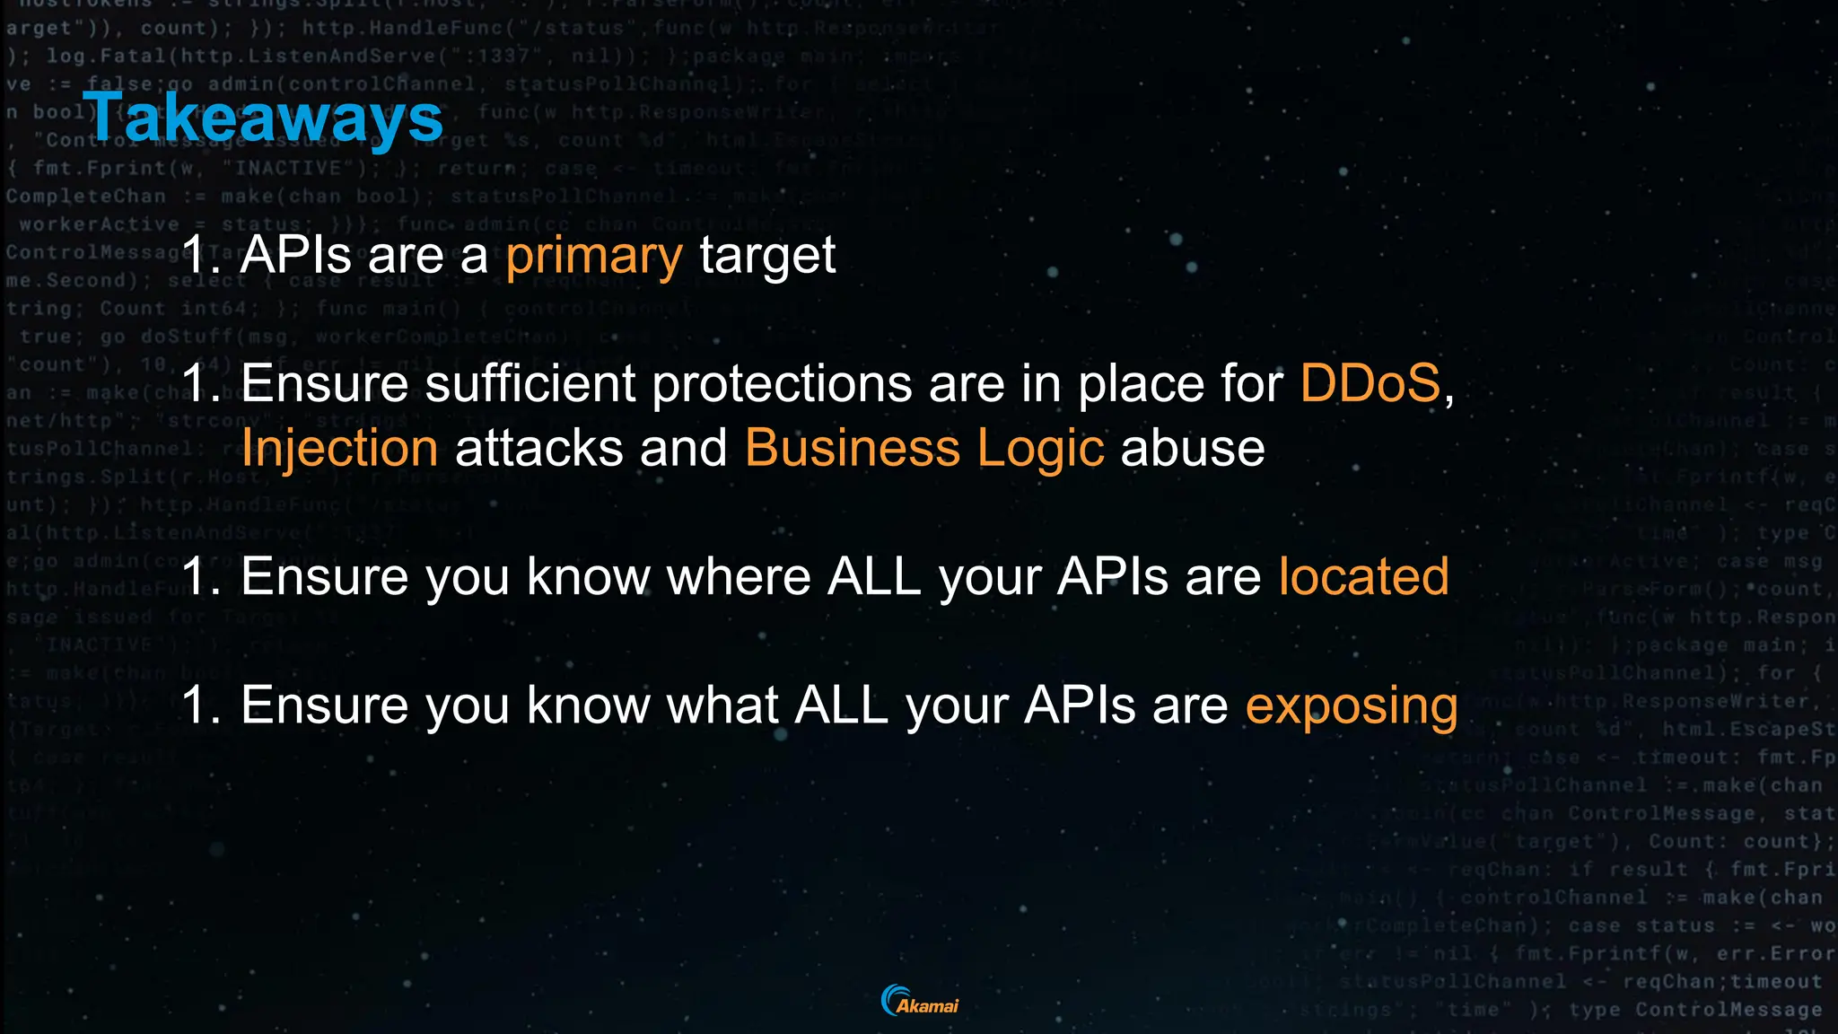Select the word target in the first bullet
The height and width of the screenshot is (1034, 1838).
click(x=767, y=256)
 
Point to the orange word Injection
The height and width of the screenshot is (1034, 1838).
click(x=340, y=449)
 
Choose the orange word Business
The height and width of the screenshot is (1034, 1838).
click(x=852, y=448)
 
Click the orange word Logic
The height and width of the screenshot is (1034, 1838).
click(x=1040, y=449)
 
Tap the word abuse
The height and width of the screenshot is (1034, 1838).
click(x=1193, y=448)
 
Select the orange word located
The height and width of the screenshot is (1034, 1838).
click(x=1363, y=576)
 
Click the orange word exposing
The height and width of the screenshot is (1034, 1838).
click(x=1352, y=706)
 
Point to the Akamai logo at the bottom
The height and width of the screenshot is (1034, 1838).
click(x=920, y=1001)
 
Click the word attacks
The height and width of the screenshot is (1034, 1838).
click(x=539, y=448)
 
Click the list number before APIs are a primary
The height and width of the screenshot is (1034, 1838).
click(x=200, y=256)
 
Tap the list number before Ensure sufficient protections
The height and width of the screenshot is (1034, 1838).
click(x=200, y=384)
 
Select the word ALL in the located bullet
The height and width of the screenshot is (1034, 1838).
click(x=874, y=576)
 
